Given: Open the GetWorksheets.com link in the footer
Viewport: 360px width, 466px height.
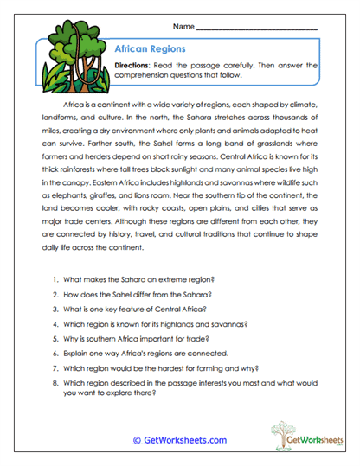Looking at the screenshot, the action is tap(179, 440).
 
